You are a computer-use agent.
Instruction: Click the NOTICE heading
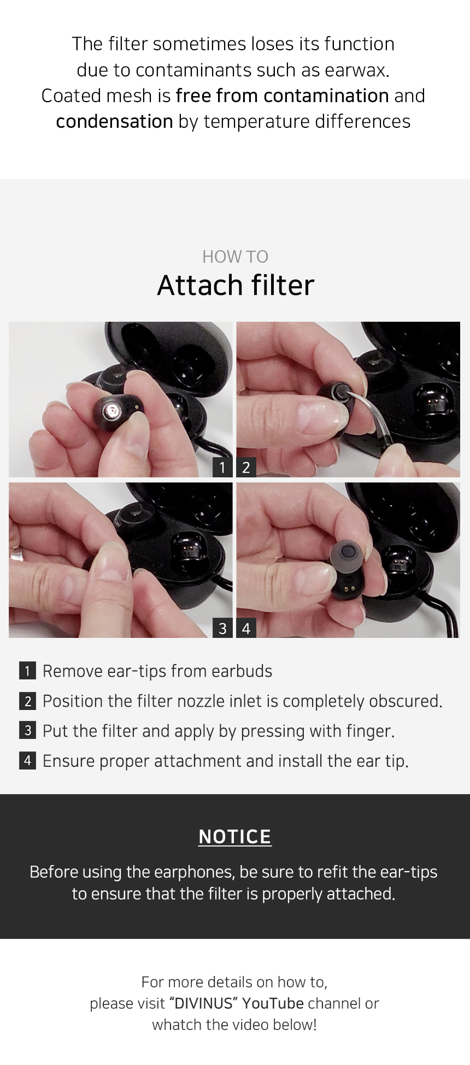click(235, 837)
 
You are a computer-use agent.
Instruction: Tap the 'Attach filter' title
click(236, 285)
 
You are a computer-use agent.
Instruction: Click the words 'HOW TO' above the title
click(235, 257)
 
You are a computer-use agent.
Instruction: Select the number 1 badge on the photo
click(222, 468)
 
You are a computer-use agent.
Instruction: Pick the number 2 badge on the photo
click(246, 468)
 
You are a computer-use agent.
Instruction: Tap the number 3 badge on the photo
click(222, 629)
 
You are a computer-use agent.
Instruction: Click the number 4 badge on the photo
click(246, 629)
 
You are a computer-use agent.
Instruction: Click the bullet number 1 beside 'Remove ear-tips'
click(27, 671)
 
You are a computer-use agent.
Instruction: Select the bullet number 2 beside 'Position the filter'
click(27, 701)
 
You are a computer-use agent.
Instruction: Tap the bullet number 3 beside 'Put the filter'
click(27, 731)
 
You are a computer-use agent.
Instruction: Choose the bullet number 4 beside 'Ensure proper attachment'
click(27, 761)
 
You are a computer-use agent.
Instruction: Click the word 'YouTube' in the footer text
click(273, 1003)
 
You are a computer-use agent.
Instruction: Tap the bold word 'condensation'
click(114, 121)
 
